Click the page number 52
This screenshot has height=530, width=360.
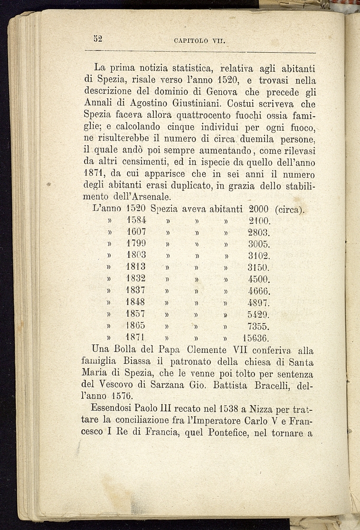[99, 39]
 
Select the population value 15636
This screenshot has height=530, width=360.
[256, 339]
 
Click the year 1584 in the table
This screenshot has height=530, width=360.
[136, 221]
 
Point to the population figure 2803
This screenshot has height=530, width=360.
[259, 233]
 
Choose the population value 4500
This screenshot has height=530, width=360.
[259, 279]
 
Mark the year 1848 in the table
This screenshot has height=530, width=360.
[136, 302]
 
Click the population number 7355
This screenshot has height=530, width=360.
[259, 327]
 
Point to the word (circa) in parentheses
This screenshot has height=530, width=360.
[290, 209]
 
